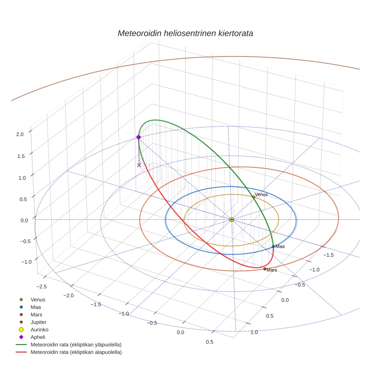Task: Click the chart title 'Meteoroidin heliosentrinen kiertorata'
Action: pyautogui.click(x=185, y=33)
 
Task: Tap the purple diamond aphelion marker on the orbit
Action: pyautogui.click(x=138, y=137)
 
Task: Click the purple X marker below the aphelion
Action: pyautogui.click(x=139, y=165)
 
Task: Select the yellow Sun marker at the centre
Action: pyautogui.click(x=231, y=219)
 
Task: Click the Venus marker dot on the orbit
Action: pyautogui.click(x=253, y=197)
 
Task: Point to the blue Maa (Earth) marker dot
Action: pyautogui.click(x=273, y=247)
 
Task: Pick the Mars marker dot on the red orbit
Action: pyautogui.click(x=265, y=269)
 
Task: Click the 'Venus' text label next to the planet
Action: pyautogui.click(x=261, y=195)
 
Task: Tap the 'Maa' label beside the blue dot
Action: pyautogui.click(x=280, y=246)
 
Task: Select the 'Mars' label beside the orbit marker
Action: pyautogui.click(x=272, y=270)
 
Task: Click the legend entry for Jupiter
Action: pyautogui.click(x=38, y=322)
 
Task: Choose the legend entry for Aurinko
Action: pyautogui.click(x=39, y=330)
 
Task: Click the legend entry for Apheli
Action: pyautogui.click(x=38, y=337)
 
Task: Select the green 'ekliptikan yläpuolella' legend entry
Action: pyautogui.click(x=76, y=345)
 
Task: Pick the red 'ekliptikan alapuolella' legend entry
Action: pyautogui.click(x=76, y=352)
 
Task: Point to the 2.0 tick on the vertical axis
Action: pyautogui.click(x=20, y=134)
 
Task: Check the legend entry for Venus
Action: pyautogui.click(x=38, y=299)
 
